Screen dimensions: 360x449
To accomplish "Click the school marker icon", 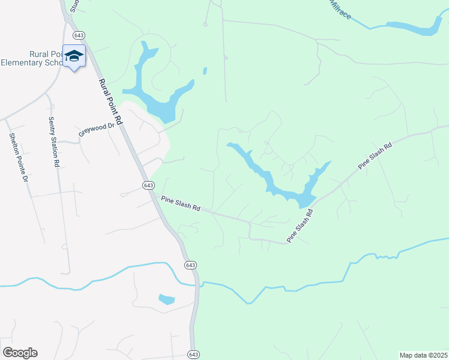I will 74,56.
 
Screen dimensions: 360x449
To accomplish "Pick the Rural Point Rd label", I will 110,102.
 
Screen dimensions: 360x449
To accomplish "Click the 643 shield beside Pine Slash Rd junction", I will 149,185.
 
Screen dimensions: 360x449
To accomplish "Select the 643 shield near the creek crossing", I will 190,265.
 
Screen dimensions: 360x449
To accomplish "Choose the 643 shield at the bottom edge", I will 193,354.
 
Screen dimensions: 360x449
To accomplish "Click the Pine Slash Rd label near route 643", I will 180,205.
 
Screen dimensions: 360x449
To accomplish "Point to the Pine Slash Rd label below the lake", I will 300,226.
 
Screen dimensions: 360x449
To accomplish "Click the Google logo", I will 20,353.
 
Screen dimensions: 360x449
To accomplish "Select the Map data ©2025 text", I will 424,355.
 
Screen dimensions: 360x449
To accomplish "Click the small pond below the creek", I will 166,299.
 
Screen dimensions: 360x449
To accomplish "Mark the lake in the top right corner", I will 414,27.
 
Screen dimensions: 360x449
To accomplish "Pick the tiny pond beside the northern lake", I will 205,71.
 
